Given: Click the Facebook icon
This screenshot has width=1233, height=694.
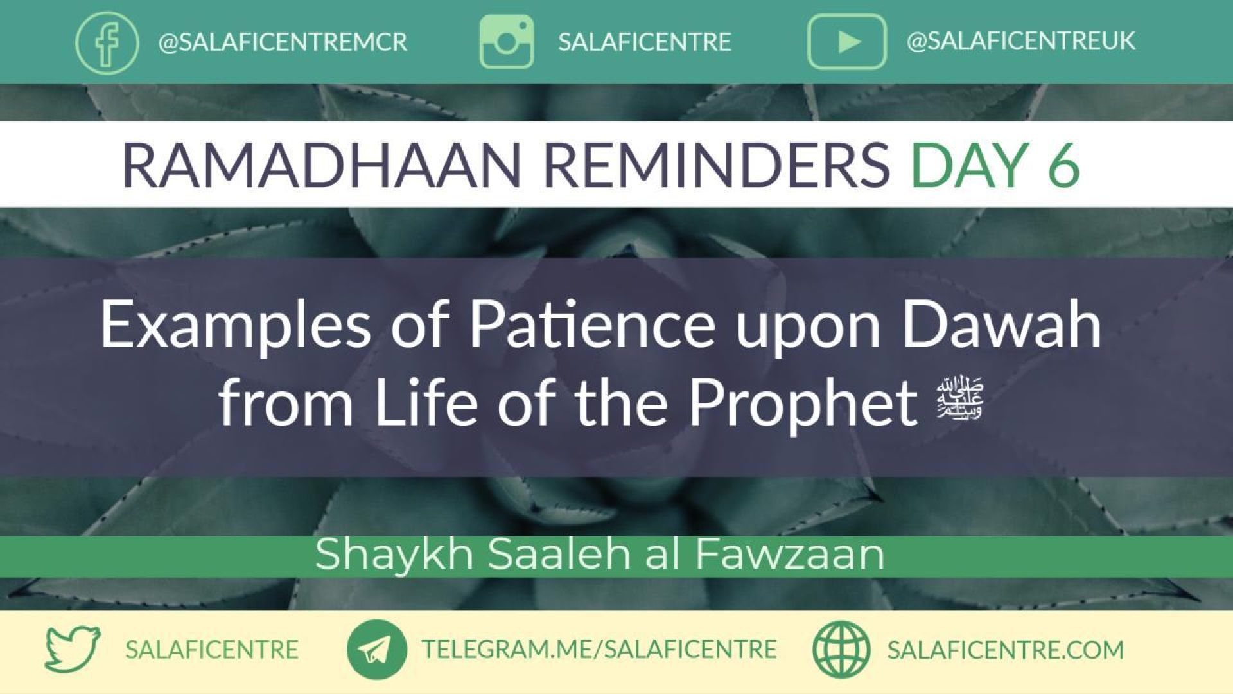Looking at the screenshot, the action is coord(107,42).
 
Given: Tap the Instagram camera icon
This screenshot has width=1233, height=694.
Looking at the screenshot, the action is coord(506,42).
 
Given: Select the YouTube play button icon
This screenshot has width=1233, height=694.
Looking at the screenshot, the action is coord(846,42).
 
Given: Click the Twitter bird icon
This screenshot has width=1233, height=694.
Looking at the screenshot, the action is coord(73,649).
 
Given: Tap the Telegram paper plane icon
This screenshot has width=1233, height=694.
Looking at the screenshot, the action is coord(376,649).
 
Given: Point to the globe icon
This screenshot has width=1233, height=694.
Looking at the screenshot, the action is coord(841,649).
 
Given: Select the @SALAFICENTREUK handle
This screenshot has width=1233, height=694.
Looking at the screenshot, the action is coord(1020,41).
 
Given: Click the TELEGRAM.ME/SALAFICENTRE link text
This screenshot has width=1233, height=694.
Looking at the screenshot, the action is coord(599,649).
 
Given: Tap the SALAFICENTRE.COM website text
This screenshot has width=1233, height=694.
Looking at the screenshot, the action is coord(1006,650).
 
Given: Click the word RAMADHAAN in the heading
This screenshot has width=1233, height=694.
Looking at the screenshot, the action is coord(321,165).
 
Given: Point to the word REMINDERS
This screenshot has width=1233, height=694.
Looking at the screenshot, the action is coord(717,165).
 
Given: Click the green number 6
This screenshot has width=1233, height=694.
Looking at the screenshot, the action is coord(1063,165).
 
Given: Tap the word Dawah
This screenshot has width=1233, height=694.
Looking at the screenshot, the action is coord(1001,325).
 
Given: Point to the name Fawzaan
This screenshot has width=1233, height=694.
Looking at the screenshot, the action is coord(790,553).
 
